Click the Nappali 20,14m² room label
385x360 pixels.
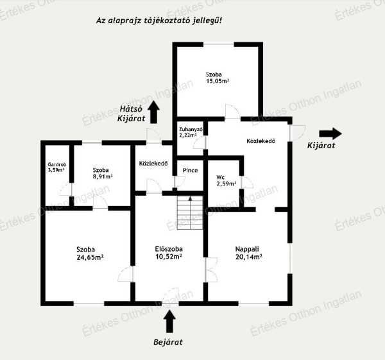click(248, 253)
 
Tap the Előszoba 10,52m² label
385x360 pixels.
click(169, 253)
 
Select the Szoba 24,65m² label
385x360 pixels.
click(90, 253)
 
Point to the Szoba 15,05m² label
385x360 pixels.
click(218, 78)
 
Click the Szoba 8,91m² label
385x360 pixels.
click(103, 173)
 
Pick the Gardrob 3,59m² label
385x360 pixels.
click(56, 167)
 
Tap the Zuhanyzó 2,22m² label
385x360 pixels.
click(191, 132)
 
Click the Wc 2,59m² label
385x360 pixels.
click(226, 180)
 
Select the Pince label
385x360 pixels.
click(191, 170)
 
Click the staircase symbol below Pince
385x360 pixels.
click(190, 212)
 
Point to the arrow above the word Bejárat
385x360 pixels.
click(169, 321)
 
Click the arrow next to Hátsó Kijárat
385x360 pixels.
click(154, 112)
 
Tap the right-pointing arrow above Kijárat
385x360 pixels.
click(330, 133)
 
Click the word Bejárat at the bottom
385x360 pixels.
click(168, 342)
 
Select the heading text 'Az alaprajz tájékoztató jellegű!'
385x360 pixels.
click(159, 21)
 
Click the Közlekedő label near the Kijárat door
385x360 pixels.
click(261, 141)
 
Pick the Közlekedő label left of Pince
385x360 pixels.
click(153, 163)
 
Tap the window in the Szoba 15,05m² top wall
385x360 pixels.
click(219, 44)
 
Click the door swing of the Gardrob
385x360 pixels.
click(65, 189)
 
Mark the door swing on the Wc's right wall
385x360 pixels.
click(247, 182)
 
